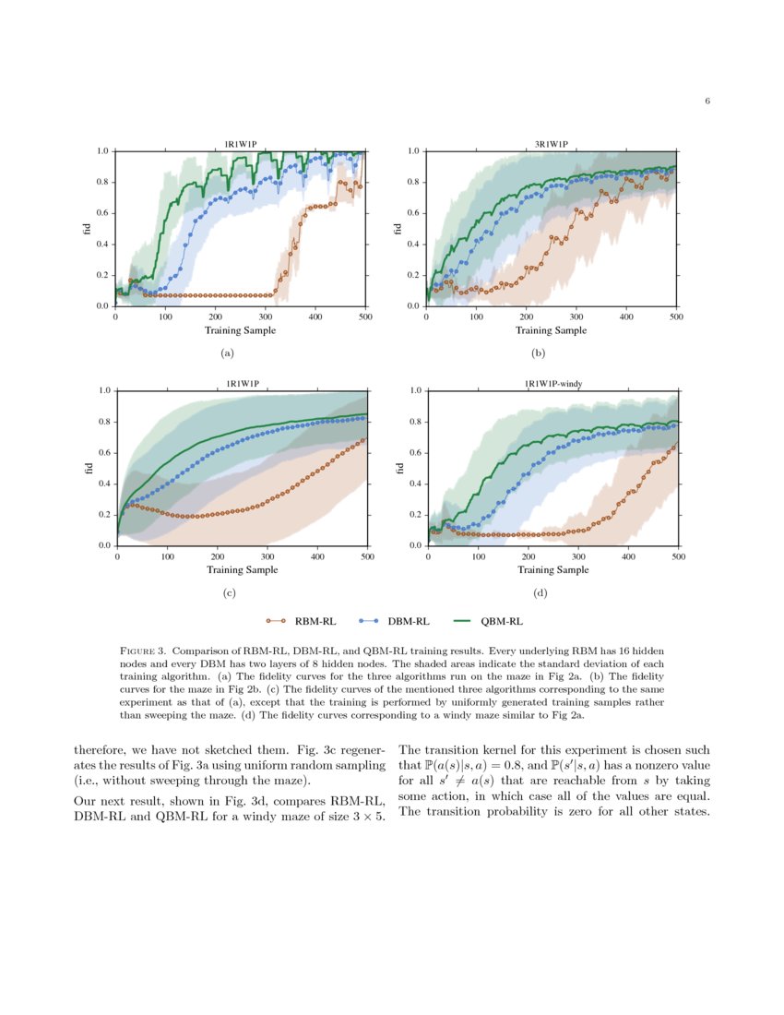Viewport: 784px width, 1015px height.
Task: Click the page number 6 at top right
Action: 707,101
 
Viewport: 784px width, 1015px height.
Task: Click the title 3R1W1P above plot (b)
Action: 552,144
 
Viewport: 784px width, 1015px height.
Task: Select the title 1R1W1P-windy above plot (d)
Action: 552,384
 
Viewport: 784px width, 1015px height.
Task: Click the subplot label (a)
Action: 226,352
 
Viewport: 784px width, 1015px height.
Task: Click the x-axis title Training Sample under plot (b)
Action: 551,330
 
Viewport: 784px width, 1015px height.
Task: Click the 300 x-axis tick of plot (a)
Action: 266,316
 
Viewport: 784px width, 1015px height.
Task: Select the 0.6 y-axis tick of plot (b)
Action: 414,213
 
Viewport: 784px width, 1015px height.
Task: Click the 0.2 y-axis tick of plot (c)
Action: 104,515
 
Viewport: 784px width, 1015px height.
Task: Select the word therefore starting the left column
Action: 99,750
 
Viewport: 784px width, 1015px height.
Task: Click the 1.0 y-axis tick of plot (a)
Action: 103,150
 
